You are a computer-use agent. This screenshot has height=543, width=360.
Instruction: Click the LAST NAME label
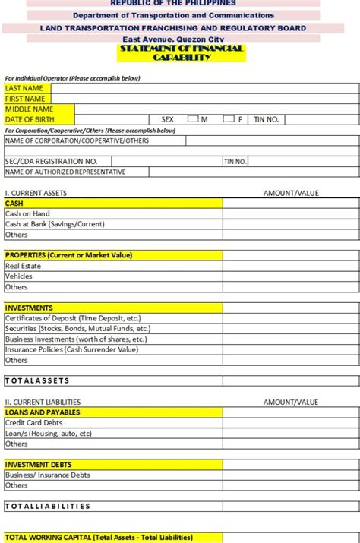24,88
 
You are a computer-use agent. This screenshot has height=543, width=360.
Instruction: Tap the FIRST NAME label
25,99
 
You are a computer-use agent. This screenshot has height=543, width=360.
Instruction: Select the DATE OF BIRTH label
30,119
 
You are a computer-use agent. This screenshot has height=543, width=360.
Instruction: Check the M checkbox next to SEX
193,118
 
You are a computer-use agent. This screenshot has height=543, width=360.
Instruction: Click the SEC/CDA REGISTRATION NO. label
51,161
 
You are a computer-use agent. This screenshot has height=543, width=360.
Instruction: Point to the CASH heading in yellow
14,204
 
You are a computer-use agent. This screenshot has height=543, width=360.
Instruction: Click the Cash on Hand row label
27,214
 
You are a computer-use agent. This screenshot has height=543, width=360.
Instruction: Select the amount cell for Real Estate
291,266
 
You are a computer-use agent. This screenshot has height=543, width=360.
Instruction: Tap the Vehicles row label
18,276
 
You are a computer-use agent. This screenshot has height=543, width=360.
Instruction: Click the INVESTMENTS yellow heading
29,308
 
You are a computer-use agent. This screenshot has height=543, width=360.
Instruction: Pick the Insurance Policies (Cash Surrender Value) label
71,349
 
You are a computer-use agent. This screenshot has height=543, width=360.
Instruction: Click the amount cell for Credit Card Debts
291,423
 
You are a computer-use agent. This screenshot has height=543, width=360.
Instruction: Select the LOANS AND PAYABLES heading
43,412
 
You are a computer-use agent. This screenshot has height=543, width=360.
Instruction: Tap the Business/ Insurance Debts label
47,475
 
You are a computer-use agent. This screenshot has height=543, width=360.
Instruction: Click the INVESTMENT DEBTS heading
39,464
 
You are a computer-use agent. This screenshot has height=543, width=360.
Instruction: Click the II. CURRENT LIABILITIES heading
43,402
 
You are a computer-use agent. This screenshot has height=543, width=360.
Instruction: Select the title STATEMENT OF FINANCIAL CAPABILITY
181,53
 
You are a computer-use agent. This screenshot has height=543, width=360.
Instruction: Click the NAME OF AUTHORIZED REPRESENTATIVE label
65,172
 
